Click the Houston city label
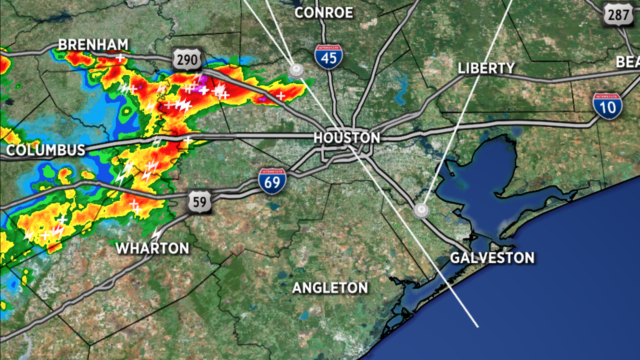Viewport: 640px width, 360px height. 346,138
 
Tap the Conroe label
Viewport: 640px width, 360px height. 324,13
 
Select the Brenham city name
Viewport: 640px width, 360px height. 93,44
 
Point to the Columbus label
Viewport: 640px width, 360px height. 46,150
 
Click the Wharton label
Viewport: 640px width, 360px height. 152,248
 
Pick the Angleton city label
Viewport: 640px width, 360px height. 330,288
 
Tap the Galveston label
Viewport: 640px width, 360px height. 492,258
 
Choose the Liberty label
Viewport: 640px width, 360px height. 486,68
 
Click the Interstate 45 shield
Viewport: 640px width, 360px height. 328,57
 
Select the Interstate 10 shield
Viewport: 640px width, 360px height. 607,106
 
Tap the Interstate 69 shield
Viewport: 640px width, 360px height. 272,181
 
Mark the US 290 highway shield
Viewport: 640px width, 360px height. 187,60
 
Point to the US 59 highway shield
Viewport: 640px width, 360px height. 200,202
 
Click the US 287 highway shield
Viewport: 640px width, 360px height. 618,15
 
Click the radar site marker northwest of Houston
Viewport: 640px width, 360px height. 296,71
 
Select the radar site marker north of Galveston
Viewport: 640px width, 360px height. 421,210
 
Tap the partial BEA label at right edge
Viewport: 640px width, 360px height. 628,62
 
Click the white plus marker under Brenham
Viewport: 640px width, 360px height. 120,58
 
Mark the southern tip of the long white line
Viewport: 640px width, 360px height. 478,327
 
